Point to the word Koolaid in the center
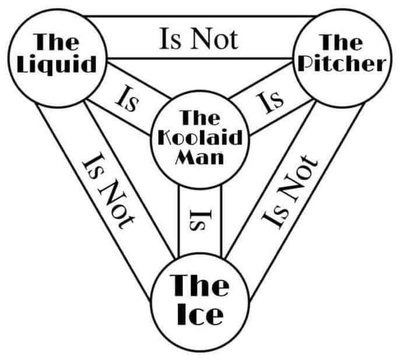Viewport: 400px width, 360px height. point(199,138)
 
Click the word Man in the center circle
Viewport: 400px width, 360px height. point(199,156)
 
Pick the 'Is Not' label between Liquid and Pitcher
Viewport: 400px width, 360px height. point(198,39)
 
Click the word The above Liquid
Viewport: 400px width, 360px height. point(56,43)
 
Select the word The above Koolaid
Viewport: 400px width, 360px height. point(199,118)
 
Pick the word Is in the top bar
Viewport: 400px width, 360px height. point(170,39)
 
